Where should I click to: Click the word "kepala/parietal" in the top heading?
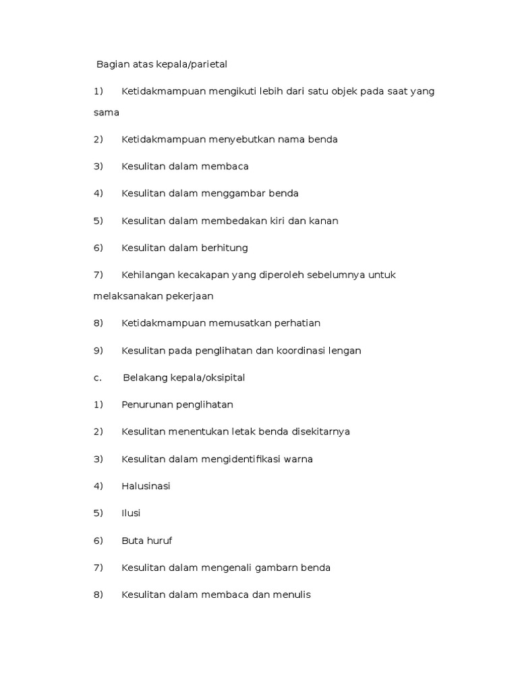pyautogui.click(x=192, y=64)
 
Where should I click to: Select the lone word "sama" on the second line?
pyautogui.click(x=107, y=113)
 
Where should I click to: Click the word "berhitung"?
pyautogui.click(x=224, y=248)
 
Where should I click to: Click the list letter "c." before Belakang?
pyautogui.click(x=98, y=378)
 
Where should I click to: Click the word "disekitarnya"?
pyautogui.click(x=319, y=432)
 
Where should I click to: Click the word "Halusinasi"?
pyautogui.click(x=146, y=487)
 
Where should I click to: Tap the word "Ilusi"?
pyautogui.click(x=131, y=514)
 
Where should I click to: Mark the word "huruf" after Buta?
pyautogui.click(x=157, y=541)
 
